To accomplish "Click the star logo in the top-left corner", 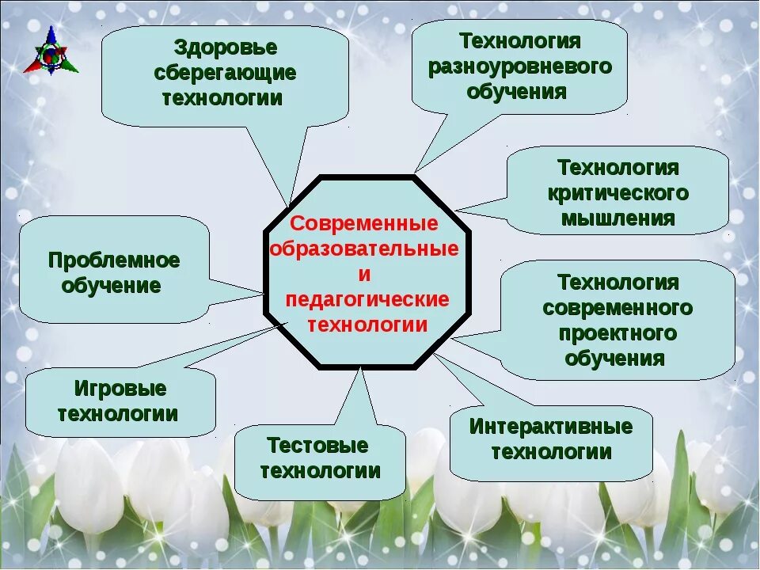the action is [x=51, y=51].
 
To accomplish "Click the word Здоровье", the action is [x=226, y=47].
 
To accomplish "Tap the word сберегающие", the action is [x=226, y=72].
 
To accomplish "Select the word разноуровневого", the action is [x=520, y=66].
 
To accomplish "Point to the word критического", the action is [x=617, y=193].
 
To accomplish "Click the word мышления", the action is [x=618, y=218].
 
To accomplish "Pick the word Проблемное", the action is [x=114, y=260].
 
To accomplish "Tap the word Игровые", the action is [x=120, y=389].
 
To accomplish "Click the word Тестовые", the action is [x=317, y=445].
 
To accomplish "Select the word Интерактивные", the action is [x=551, y=427].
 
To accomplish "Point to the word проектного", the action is [x=617, y=332].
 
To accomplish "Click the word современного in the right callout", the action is [x=617, y=307].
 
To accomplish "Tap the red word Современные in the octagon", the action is [x=364, y=224].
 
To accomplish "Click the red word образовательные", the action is [x=364, y=249].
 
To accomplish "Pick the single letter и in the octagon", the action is [x=364, y=275].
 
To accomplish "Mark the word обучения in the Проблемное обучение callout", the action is [x=111, y=285].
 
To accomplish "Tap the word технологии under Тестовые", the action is [x=321, y=471].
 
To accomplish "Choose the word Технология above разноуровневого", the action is [x=520, y=40].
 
